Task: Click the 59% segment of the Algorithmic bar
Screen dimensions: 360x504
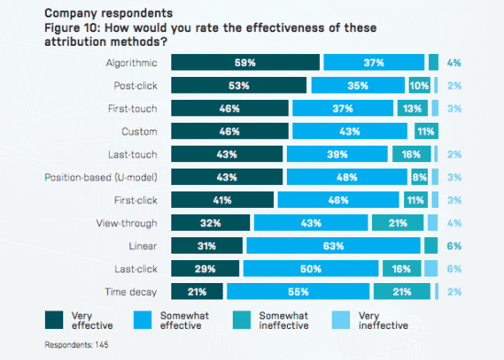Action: pyautogui.click(x=246, y=62)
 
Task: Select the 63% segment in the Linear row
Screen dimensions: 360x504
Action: pyautogui.click(x=334, y=245)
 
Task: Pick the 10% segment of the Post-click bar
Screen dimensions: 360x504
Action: pyautogui.click(x=419, y=85)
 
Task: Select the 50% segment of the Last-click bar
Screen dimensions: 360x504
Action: pyautogui.click(x=311, y=267)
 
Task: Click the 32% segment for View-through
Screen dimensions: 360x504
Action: pyautogui.click(x=211, y=223)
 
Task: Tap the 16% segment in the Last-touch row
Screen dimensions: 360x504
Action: pyautogui.click(x=411, y=154)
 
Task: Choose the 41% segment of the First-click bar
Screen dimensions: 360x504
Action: pyautogui.click(x=223, y=200)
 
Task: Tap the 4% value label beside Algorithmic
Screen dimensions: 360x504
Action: pyautogui.click(x=455, y=62)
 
